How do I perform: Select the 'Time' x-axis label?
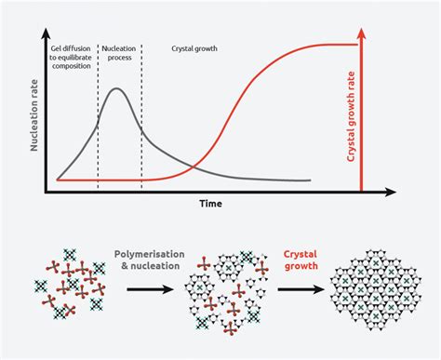[209, 203]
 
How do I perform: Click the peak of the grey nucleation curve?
[115, 89]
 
